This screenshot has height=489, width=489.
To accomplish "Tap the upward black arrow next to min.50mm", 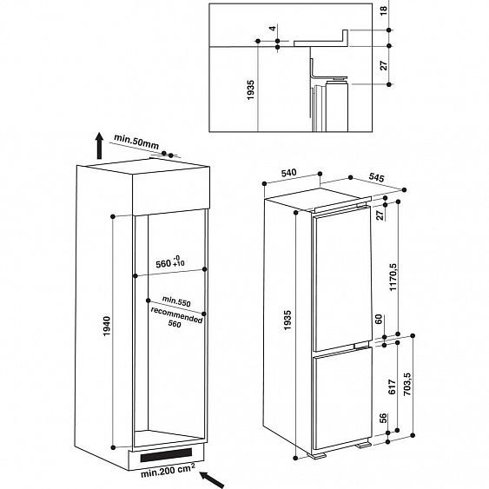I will coord(99,147).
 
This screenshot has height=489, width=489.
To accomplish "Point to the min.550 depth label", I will coord(177,300).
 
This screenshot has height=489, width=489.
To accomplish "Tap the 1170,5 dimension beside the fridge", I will coord(392,278).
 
